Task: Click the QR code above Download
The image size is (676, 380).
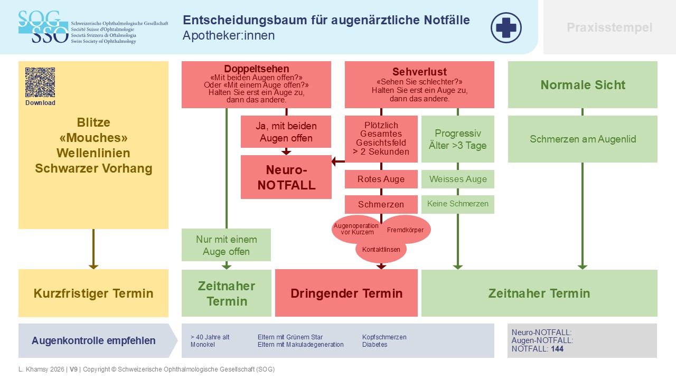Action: click(x=40, y=82)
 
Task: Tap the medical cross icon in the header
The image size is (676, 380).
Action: click(x=506, y=27)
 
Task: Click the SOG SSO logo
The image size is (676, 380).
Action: click(x=43, y=27)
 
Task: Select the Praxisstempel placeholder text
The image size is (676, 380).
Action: click(x=609, y=27)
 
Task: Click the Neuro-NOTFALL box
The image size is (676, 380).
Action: click(x=286, y=177)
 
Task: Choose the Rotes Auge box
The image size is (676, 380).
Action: click(x=381, y=179)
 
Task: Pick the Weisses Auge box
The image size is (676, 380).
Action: click(x=458, y=179)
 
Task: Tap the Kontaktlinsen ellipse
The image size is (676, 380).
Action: click(x=381, y=250)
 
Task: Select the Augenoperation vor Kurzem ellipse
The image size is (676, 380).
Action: click(x=356, y=229)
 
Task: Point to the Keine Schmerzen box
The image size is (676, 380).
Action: click(x=458, y=204)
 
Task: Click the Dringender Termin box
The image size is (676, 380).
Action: click(x=346, y=293)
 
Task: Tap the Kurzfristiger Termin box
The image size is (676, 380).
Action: click(x=93, y=293)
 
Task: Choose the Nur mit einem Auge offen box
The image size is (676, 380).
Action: click(x=227, y=245)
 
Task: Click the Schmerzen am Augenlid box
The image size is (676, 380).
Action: click(x=583, y=139)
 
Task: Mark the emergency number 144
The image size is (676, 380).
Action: click(x=557, y=349)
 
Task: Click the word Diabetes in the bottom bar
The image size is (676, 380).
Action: click(x=374, y=345)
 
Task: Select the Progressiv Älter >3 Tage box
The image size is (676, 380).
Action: click(x=458, y=139)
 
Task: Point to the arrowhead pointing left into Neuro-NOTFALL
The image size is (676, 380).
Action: click(x=334, y=161)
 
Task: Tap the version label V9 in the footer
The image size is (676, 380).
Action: click(x=73, y=369)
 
